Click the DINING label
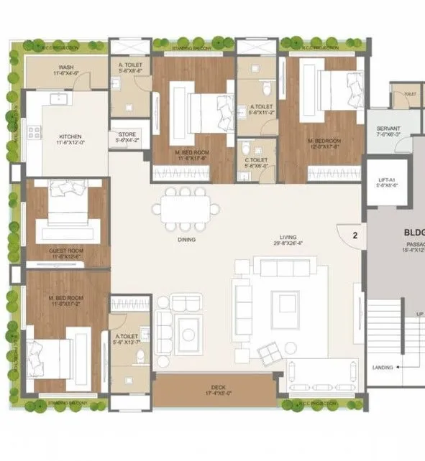[187, 241]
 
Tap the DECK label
[215, 388]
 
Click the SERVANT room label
[388, 131]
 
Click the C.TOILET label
[257, 162]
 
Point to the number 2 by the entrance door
[355, 233]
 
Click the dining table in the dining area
[186, 209]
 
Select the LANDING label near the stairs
[382, 367]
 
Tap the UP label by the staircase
[419, 314]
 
